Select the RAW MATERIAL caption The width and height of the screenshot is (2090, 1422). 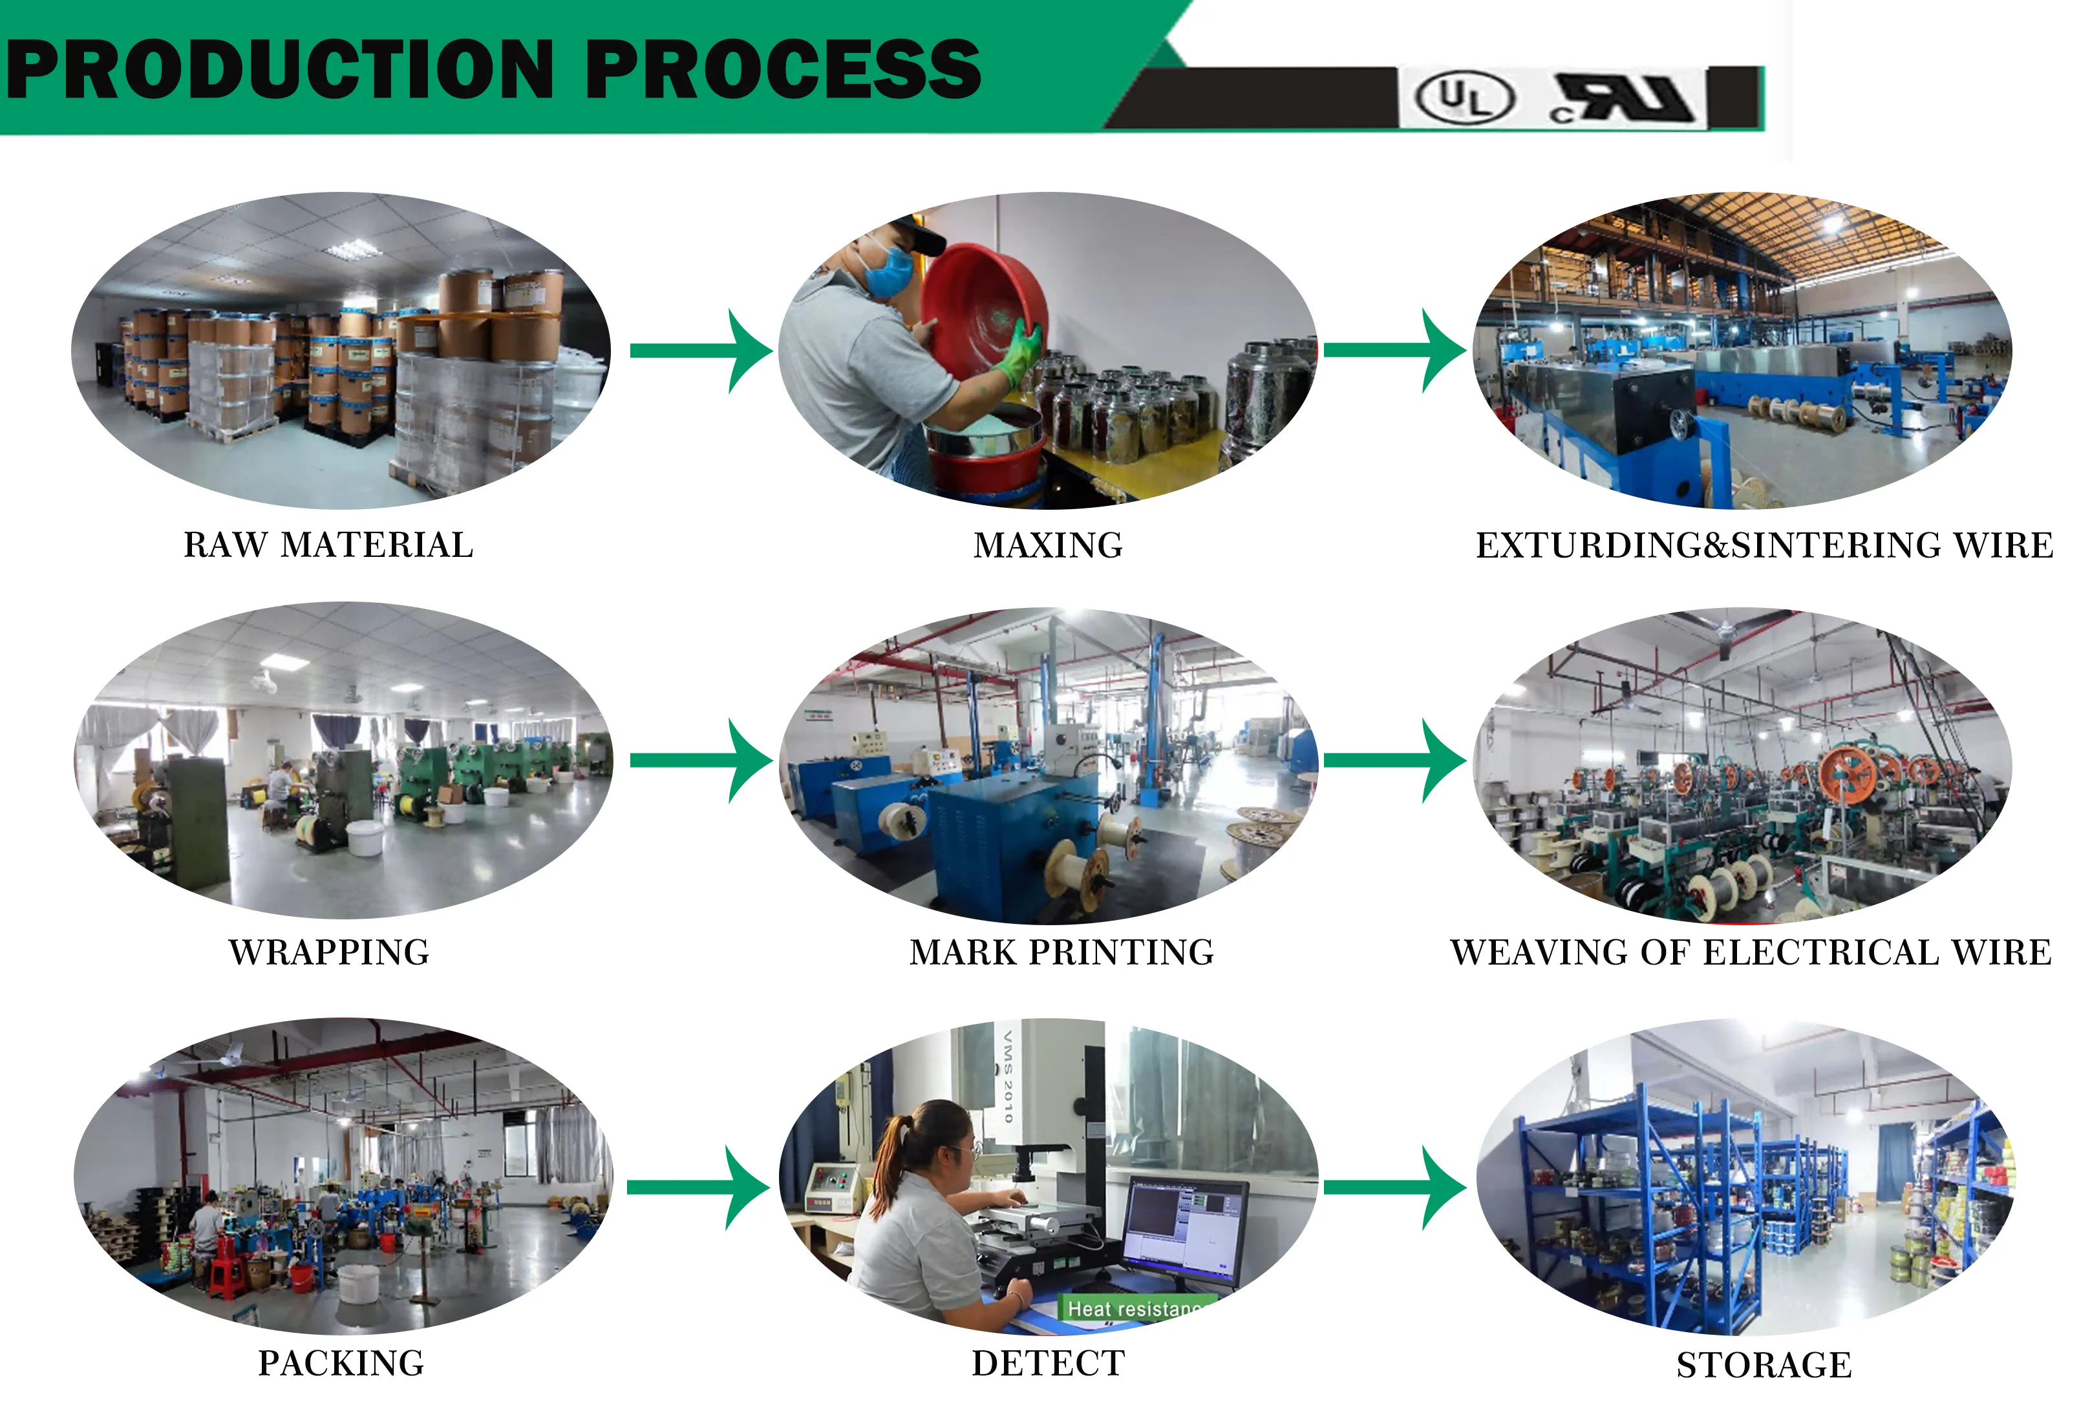pos(328,545)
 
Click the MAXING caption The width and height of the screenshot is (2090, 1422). pos(1048,545)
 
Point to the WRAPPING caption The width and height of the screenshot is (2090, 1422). pos(329,952)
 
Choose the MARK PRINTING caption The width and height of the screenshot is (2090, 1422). pos(1061,952)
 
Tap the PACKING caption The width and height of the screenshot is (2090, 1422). pos(341,1363)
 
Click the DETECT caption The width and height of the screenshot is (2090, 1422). pos(1048,1363)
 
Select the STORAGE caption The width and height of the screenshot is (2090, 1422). pos(1764,1364)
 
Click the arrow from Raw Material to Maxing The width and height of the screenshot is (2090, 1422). pos(701,351)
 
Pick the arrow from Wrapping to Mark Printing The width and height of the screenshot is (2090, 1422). pos(701,760)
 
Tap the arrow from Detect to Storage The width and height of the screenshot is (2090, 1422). pos(1394,1187)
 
